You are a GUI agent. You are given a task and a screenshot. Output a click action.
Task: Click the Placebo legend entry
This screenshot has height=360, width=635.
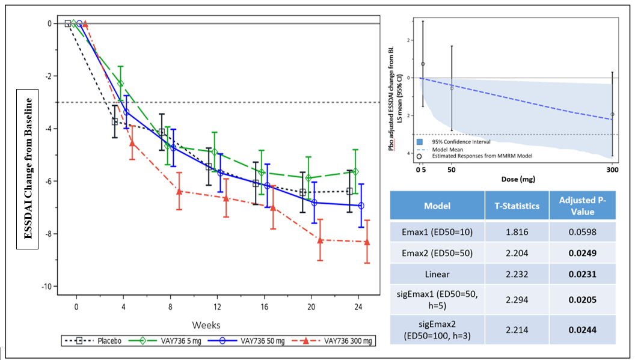100,341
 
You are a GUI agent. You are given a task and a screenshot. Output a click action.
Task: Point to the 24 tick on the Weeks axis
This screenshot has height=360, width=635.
358,307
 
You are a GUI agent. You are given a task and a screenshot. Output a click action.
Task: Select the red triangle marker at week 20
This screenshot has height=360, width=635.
320,240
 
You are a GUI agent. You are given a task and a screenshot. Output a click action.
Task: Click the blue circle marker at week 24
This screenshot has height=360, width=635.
361,206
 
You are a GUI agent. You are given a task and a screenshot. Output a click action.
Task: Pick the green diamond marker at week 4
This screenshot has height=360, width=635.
120,84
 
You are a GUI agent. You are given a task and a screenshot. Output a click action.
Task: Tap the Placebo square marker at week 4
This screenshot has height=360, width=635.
114,121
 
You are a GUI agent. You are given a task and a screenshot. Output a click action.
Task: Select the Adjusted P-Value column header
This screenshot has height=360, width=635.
582,206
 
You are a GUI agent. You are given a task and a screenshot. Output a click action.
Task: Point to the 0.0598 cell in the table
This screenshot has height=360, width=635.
582,231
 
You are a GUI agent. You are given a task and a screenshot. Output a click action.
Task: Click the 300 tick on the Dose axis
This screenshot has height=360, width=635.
612,171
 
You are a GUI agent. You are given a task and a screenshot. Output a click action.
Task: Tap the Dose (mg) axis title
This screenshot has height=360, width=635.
518,179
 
